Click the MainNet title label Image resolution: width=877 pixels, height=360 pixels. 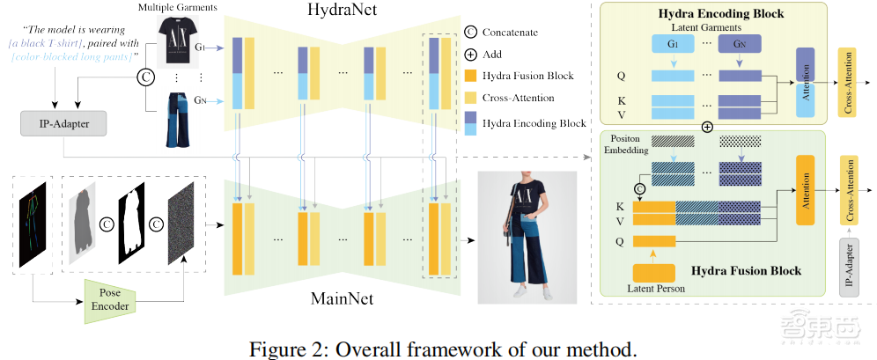tap(342, 298)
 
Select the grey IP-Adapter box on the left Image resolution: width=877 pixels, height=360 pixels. tap(64, 123)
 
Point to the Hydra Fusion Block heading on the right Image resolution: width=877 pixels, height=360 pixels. tap(746, 270)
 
